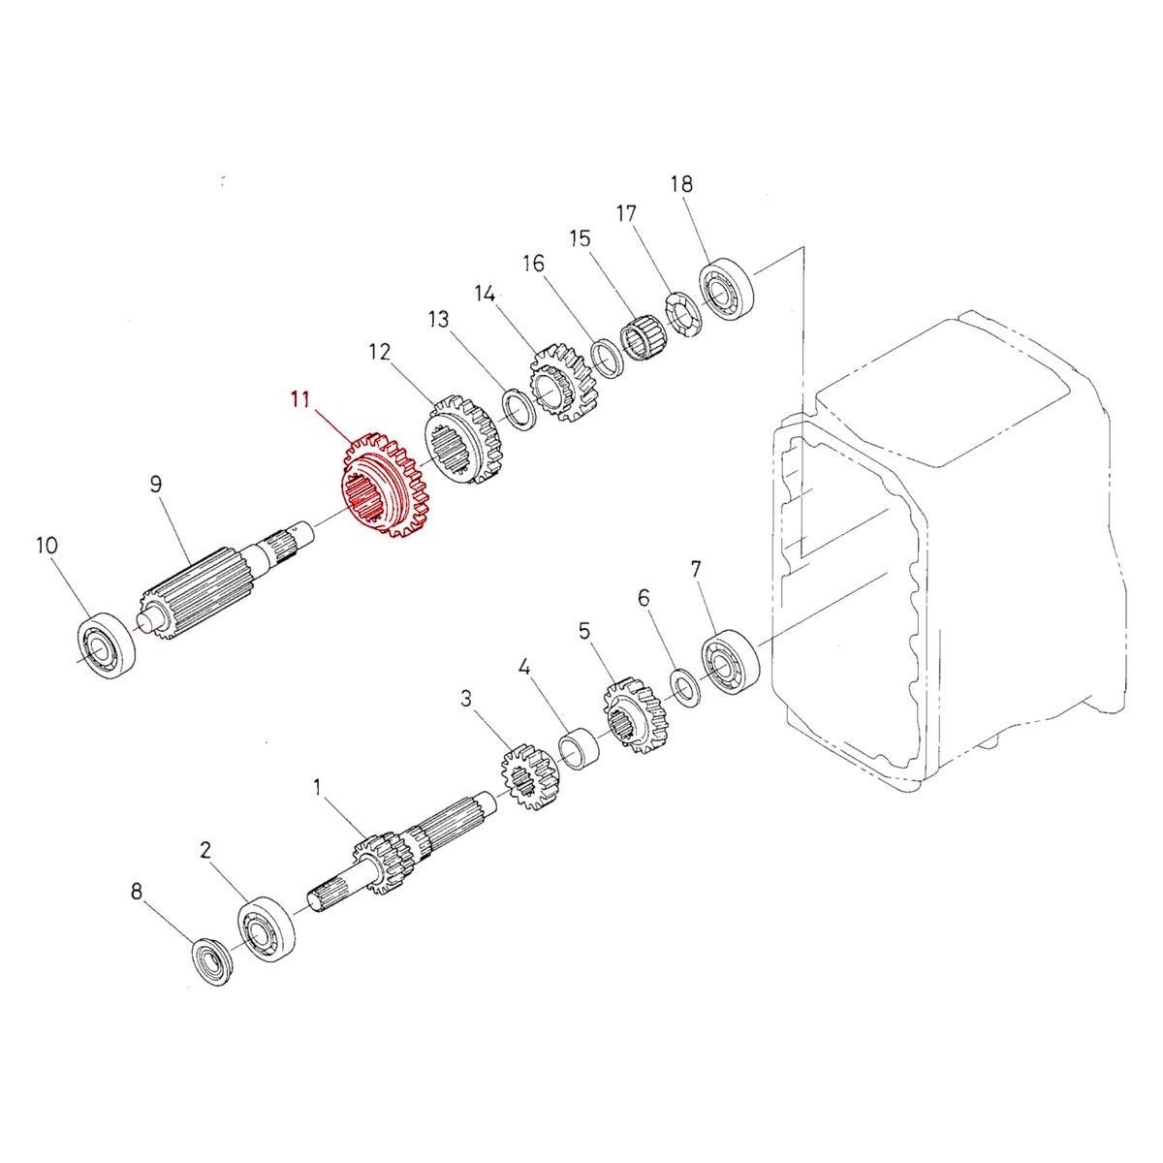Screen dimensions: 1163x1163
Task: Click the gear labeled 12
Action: click(x=464, y=440)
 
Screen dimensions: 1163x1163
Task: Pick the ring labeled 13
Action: click(x=519, y=407)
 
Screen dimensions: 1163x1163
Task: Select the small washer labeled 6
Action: click(x=686, y=687)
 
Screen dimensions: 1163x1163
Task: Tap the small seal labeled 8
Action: click(x=212, y=961)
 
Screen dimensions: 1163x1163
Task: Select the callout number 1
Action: click(x=316, y=787)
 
